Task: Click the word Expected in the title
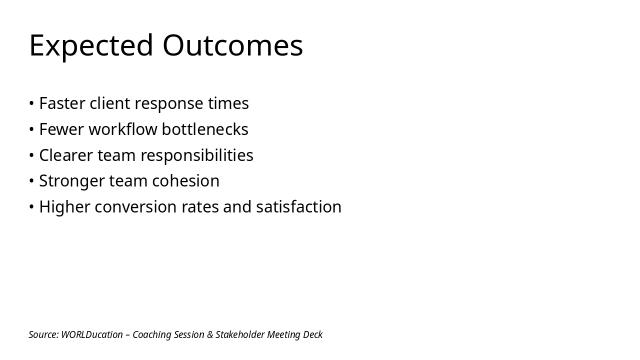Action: pos(91,46)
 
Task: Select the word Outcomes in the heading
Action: pos(232,45)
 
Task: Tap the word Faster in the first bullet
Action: pos(62,103)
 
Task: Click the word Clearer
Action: pos(66,155)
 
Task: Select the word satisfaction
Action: pos(298,207)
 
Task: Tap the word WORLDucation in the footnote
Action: pos(92,334)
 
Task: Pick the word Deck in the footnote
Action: pos(312,334)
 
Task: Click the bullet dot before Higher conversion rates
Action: pos(31,207)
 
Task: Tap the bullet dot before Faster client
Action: pos(31,103)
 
